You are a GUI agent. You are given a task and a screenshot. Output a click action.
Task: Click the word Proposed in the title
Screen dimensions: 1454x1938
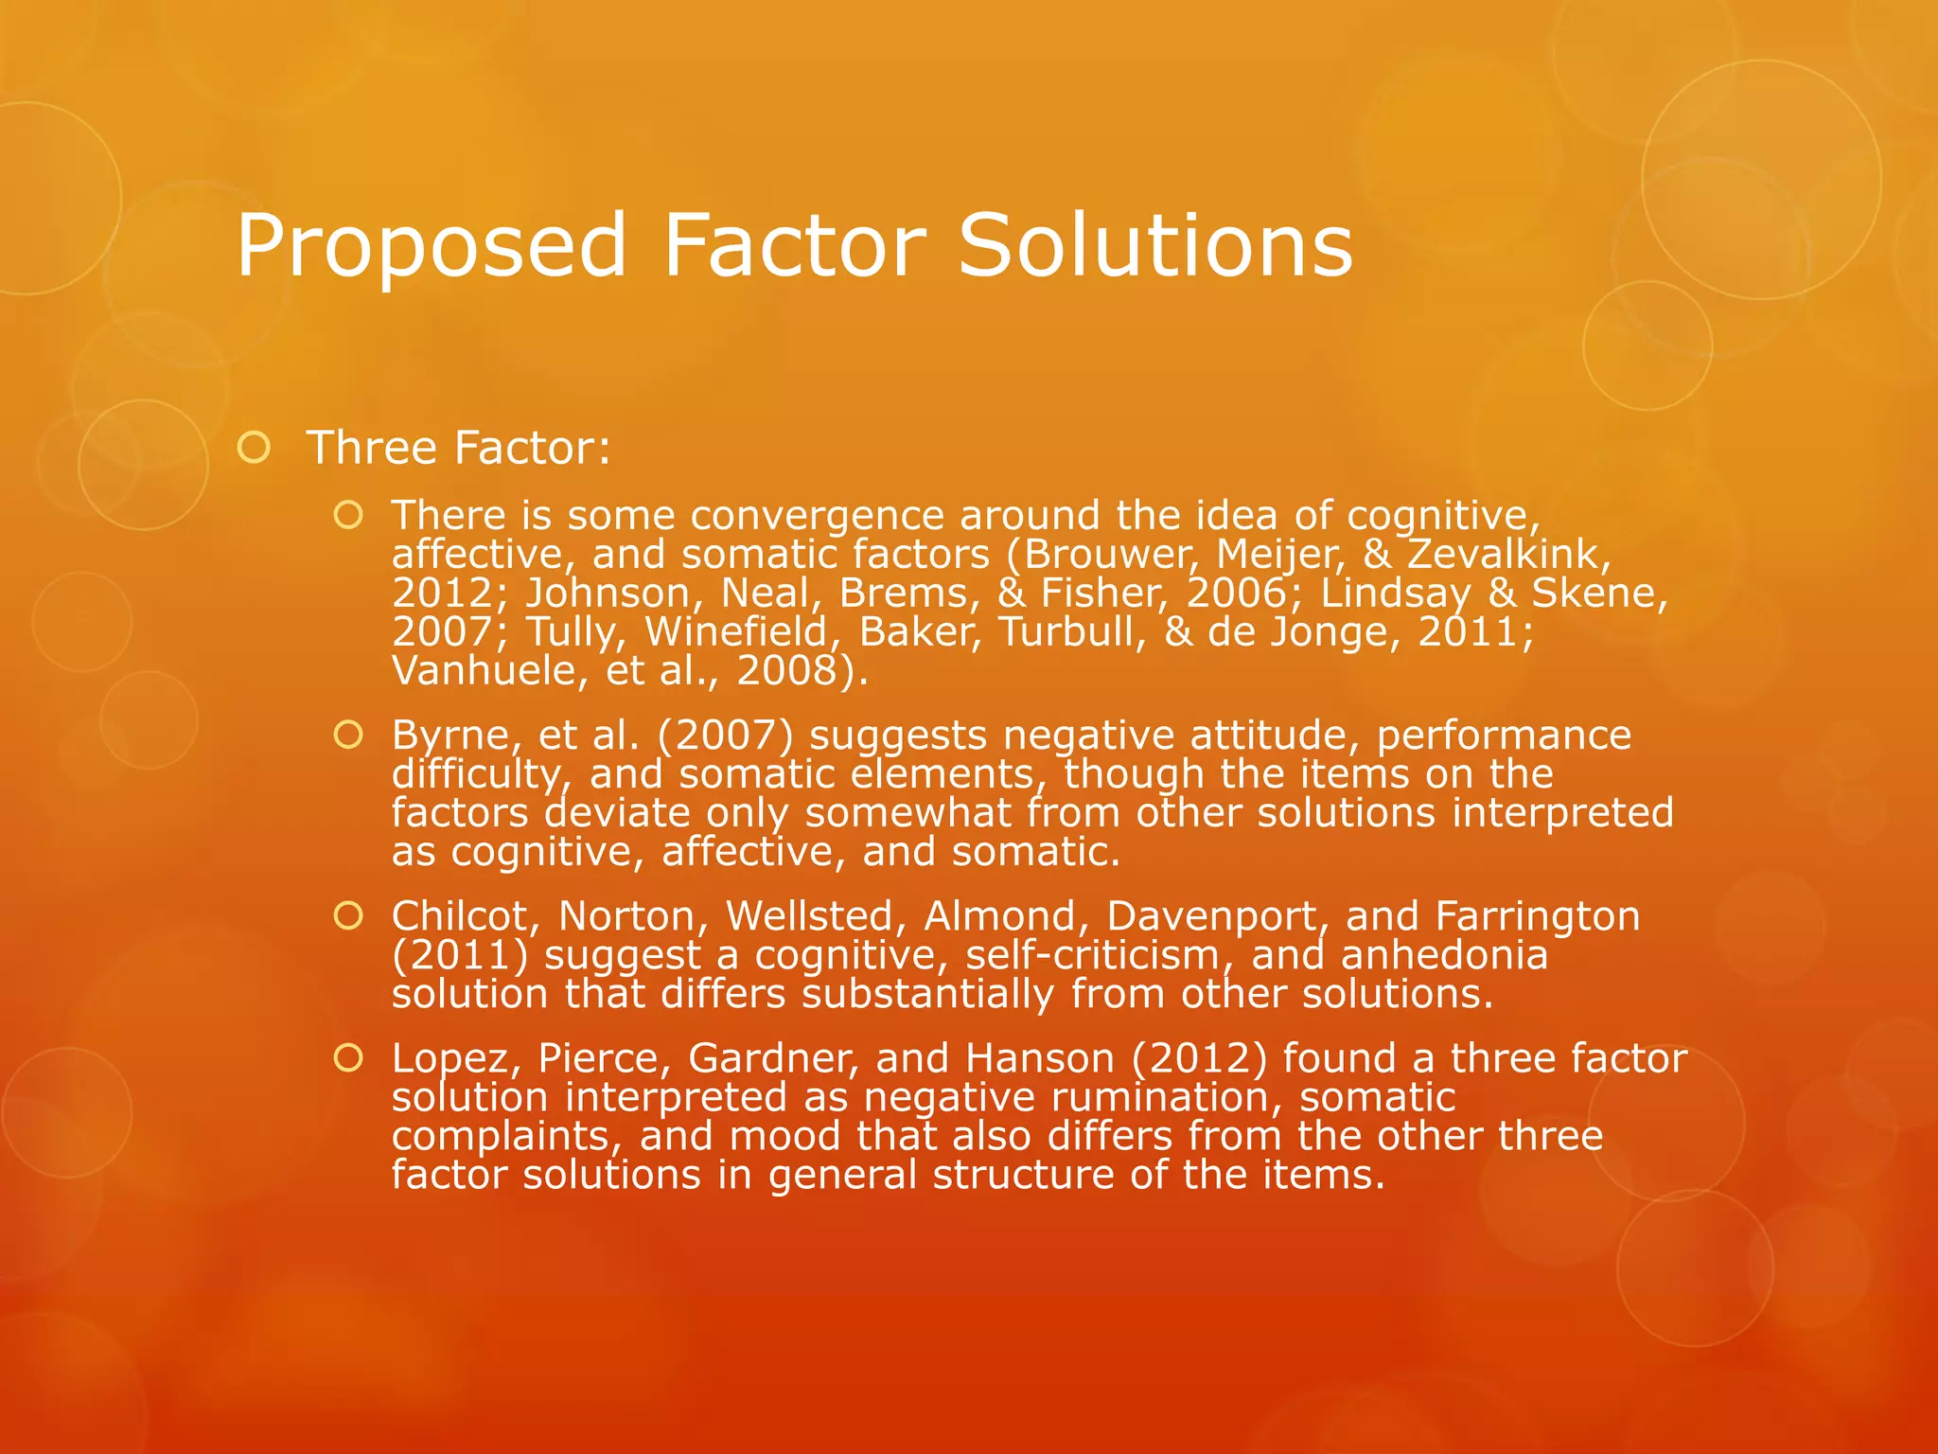pos(431,246)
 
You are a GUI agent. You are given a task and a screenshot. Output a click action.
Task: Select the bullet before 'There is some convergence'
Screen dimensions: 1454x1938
pos(348,515)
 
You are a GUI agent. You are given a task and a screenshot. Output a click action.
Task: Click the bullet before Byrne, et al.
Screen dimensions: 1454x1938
pos(348,735)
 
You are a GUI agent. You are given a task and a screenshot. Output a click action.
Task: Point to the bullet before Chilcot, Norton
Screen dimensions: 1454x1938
pos(348,915)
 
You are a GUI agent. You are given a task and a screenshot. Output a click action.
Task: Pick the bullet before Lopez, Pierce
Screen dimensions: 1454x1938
pos(348,1058)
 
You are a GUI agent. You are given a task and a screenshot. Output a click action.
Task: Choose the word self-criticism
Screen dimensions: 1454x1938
pos(1100,954)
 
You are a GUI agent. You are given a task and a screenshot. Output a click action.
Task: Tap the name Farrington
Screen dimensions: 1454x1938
pos(1537,916)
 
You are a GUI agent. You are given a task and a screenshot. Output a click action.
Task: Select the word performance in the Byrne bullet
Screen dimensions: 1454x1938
pos(1504,736)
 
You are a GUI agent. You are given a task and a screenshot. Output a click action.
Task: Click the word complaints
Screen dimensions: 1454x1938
pos(505,1136)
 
